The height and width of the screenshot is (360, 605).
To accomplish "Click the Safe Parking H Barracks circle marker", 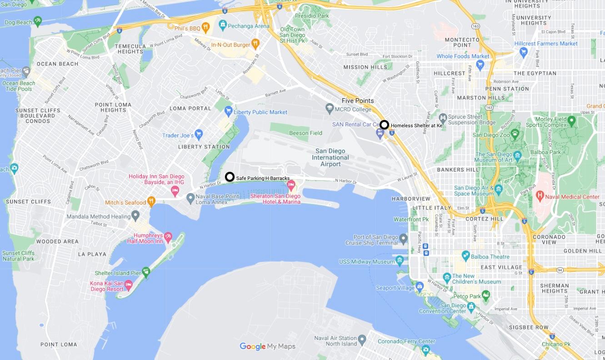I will click(x=230, y=177).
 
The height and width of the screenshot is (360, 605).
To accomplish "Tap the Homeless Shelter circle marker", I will click(x=384, y=125).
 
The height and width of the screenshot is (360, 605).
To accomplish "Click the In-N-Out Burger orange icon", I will click(x=255, y=44).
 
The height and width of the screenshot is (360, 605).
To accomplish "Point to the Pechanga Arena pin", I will click(x=222, y=24).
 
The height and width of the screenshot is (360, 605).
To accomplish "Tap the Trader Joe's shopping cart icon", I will click(x=198, y=135).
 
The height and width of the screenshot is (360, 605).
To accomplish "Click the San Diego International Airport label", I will click(x=330, y=157).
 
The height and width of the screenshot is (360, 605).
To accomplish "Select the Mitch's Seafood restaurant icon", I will click(x=151, y=201).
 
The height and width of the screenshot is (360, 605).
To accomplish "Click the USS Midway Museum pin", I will click(x=400, y=260).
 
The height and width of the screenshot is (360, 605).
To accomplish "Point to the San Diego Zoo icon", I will click(x=515, y=133).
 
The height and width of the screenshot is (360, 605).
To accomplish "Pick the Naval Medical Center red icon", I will click(x=540, y=196).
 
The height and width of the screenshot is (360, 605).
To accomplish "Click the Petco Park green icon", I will click(x=486, y=295).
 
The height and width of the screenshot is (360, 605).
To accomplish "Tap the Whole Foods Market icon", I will click(x=480, y=65).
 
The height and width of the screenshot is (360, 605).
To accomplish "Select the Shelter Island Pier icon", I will click(x=146, y=272).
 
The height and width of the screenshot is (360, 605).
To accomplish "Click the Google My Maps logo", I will click(x=267, y=346).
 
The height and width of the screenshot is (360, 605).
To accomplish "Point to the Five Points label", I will click(x=358, y=100).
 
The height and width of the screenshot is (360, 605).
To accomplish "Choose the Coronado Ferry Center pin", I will click(x=425, y=350).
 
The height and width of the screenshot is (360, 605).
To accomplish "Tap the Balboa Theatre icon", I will click(x=465, y=255).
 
